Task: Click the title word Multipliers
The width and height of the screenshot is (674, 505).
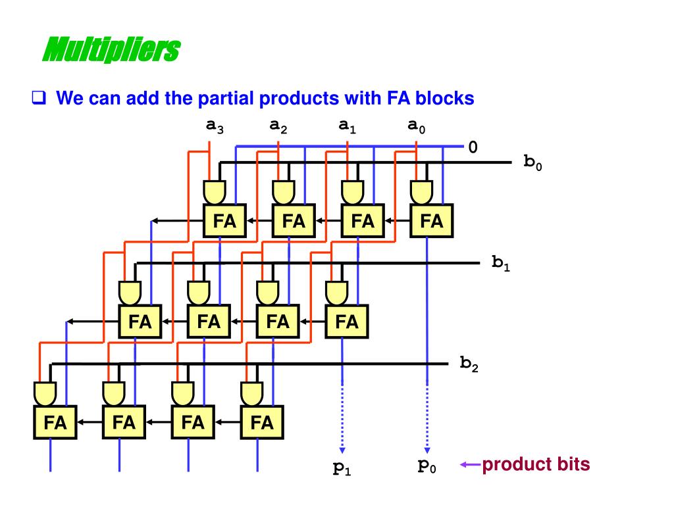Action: [x=111, y=50]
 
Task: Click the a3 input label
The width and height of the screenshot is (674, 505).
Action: [x=215, y=126]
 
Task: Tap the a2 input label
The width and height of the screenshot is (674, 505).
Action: [x=278, y=126]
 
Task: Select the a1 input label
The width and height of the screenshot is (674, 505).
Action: [x=347, y=126]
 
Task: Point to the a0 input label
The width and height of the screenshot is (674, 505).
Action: [x=416, y=126]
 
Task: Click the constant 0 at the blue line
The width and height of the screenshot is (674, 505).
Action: [x=473, y=147]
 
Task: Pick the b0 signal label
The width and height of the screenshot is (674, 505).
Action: [x=532, y=162]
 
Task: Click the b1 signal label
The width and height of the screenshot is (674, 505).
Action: [x=501, y=264]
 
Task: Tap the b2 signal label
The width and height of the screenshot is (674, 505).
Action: [x=469, y=364]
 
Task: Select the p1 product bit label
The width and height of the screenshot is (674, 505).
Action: [x=341, y=468]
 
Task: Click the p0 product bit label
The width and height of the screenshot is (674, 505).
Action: [x=427, y=466]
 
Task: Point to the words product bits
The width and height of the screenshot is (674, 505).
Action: [x=536, y=464]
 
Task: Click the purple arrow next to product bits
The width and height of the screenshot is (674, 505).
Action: [x=470, y=465]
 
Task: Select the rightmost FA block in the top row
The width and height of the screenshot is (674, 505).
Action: [x=432, y=221]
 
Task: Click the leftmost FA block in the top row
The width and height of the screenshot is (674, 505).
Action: [x=224, y=221]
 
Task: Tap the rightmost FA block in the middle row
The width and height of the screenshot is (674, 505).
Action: [x=346, y=322]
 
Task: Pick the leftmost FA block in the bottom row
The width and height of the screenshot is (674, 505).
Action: [x=55, y=423]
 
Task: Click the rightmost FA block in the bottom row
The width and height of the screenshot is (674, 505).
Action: [x=262, y=423]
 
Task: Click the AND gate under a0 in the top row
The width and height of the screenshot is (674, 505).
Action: [x=420, y=192]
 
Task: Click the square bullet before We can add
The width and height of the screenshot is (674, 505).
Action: [x=39, y=99]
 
